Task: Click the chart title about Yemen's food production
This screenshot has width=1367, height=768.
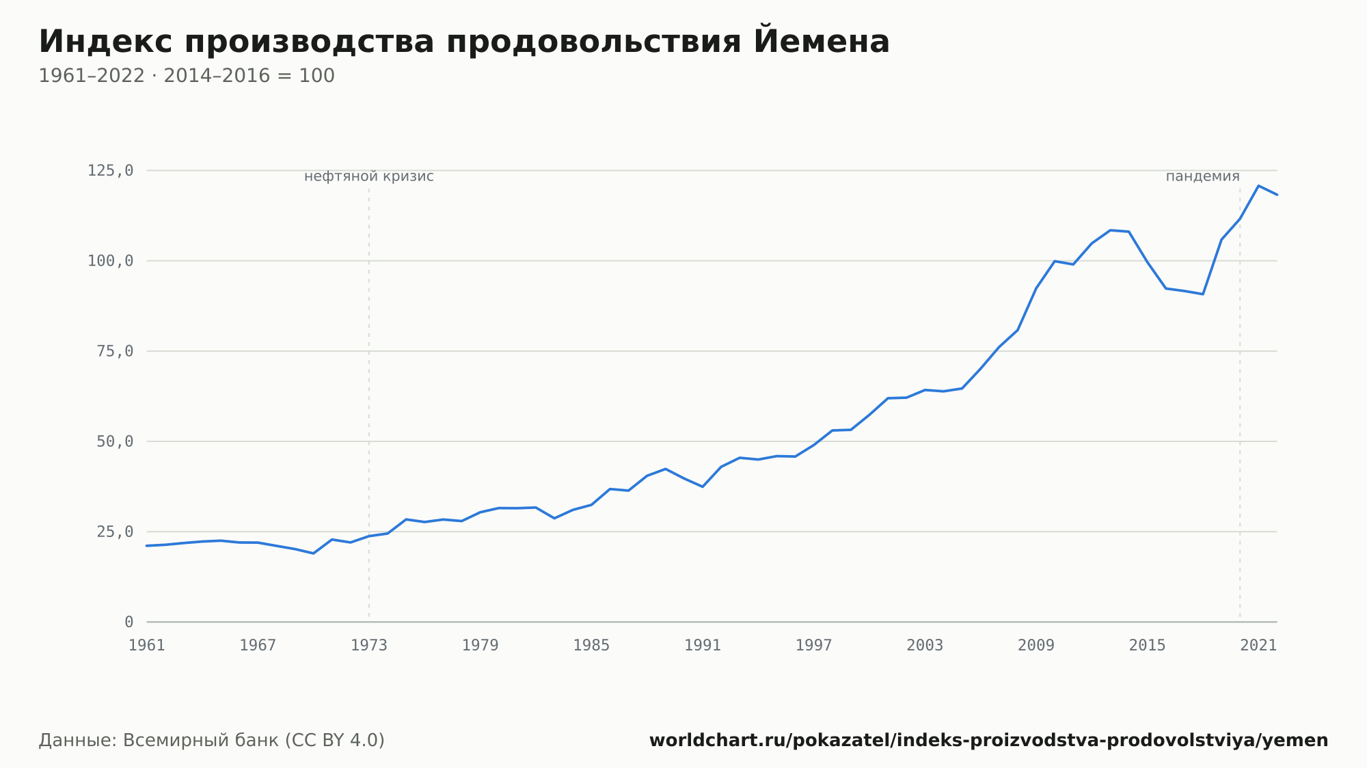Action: pyautogui.click(x=464, y=42)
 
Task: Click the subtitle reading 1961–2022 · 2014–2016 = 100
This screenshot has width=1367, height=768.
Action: pyautogui.click(x=187, y=76)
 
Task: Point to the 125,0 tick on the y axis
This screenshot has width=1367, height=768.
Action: pyautogui.click(x=110, y=171)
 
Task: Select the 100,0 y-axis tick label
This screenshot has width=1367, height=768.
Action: pyautogui.click(x=110, y=261)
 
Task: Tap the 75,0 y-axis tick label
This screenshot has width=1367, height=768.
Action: pyautogui.click(x=115, y=351)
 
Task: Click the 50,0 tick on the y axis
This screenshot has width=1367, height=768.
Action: pyautogui.click(x=115, y=441)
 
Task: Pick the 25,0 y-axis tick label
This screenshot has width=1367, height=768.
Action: pyautogui.click(x=115, y=532)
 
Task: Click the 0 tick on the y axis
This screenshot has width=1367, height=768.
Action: pyautogui.click(x=129, y=622)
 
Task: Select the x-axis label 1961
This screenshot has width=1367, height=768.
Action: pyautogui.click(x=147, y=646)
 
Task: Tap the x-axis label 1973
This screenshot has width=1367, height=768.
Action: pyautogui.click(x=369, y=646)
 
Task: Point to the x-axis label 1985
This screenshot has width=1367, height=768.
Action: pyautogui.click(x=591, y=646)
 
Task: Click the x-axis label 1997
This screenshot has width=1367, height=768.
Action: pyautogui.click(x=814, y=646)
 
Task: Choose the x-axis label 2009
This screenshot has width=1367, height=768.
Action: pyautogui.click(x=1036, y=646)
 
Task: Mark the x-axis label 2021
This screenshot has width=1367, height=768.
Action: pyautogui.click(x=1258, y=646)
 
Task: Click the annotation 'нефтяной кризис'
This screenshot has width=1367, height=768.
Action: pyautogui.click(x=369, y=176)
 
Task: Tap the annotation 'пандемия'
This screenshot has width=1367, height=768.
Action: pyautogui.click(x=1202, y=176)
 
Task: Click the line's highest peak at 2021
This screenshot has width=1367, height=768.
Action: pyautogui.click(x=1258, y=186)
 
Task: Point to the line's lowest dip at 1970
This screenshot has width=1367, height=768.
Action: pyautogui.click(x=313, y=553)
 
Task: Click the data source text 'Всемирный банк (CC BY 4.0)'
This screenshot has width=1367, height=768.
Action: pyautogui.click(x=254, y=741)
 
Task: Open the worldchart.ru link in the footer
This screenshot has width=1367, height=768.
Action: pyautogui.click(x=988, y=741)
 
